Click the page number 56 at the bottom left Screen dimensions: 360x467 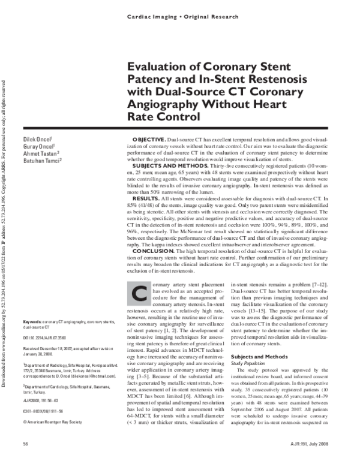pos(25,444)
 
